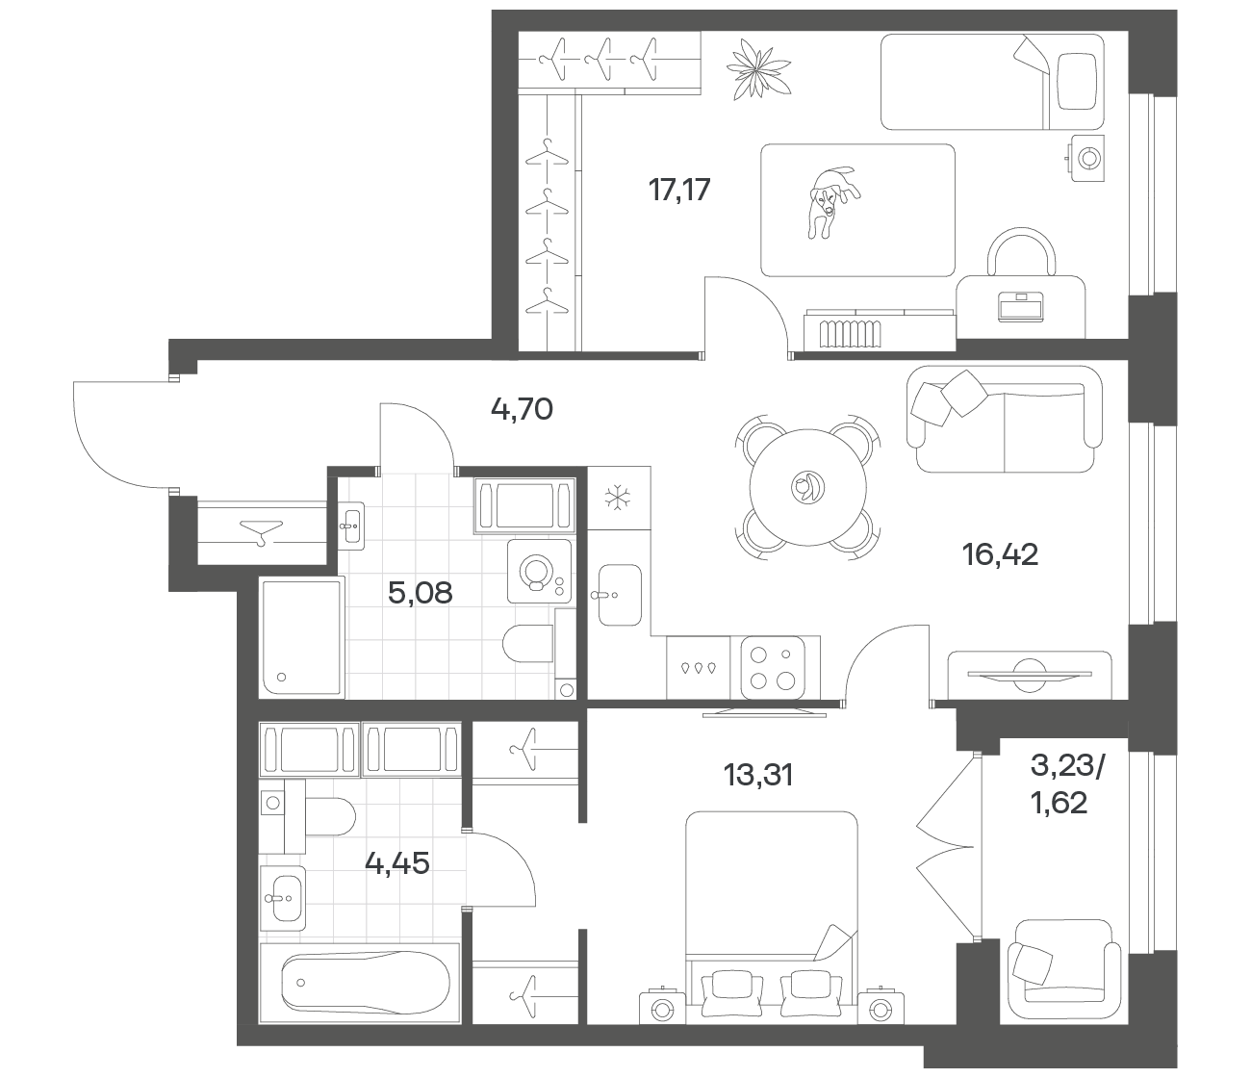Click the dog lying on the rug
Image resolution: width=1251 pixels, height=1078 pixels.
click(833, 201)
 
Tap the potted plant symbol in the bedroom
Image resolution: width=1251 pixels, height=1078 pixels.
click(758, 68)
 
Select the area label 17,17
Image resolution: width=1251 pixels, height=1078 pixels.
click(679, 190)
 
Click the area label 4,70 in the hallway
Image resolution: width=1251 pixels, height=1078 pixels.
click(522, 410)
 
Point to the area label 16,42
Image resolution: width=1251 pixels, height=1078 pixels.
click(1000, 554)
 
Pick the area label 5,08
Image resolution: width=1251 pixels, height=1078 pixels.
click(420, 593)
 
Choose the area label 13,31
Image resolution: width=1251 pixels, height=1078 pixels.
click(758, 775)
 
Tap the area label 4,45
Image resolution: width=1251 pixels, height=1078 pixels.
click(397, 863)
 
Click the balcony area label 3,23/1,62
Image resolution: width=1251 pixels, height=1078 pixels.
click(1067, 784)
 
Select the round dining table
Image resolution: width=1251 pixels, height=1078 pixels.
click(807, 487)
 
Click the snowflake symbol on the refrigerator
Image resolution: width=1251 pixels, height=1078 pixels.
click(618, 498)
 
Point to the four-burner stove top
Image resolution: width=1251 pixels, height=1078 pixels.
click(771, 668)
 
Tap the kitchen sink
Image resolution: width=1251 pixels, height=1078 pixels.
click(620, 595)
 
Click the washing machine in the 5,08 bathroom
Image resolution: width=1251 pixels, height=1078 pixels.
click(539, 572)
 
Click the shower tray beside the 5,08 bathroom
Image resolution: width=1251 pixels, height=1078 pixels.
click(301, 638)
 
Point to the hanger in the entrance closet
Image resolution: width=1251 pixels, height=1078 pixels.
click(262, 531)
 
